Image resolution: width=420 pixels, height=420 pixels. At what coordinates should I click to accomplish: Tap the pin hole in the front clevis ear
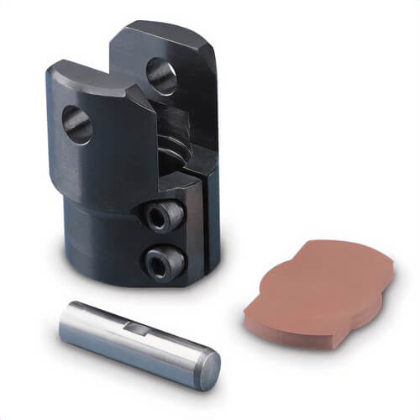click(77, 123)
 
